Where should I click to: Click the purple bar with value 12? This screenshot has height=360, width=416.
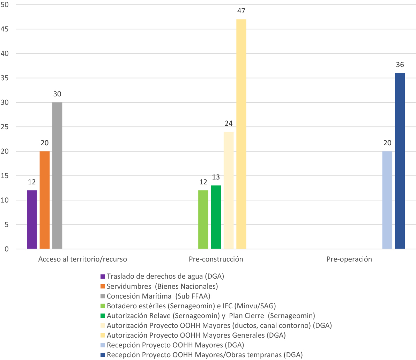[32, 220]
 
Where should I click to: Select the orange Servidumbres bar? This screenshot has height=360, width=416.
[45, 200]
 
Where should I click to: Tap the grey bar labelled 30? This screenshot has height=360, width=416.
[57, 176]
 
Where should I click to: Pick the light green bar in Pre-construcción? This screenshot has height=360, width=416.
[203, 220]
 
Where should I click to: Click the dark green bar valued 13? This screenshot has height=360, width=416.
[216, 217]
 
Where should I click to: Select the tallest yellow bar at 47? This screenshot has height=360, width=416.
[241, 134]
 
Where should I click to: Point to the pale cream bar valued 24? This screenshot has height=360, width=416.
[229, 190]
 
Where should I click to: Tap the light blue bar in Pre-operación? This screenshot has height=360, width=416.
[387, 200]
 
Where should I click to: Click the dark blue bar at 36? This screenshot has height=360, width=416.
[400, 161]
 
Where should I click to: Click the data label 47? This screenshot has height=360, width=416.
[241, 11]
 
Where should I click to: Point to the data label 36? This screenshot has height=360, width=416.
[400, 65]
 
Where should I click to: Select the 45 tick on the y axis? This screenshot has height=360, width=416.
[5, 29]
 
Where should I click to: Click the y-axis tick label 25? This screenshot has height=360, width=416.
[5, 127]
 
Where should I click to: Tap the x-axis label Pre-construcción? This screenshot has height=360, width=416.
[216, 259]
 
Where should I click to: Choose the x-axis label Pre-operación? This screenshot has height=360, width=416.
[349, 259]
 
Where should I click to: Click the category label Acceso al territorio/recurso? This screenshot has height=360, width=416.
[82, 259]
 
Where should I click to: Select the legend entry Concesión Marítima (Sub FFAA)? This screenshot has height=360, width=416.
[158, 296]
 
